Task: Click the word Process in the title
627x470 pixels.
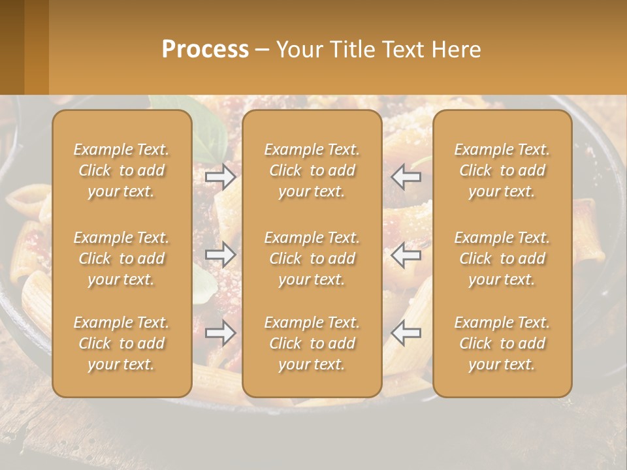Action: [x=205, y=50]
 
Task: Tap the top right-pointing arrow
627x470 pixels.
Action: [x=221, y=177]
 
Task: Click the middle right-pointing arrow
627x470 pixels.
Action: [x=221, y=255]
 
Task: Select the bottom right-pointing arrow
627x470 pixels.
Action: [x=221, y=333]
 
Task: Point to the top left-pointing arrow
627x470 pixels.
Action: [x=406, y=177]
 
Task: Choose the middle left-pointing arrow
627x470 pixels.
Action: [x=406, y=255]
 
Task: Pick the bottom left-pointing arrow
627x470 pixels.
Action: [x=406, y=333]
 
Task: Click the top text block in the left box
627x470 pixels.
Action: [x=121, y=170]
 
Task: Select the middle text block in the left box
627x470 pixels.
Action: [x=121, y=258]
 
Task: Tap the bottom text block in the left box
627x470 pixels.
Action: [x=121, y=343]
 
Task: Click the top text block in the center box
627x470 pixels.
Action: [x=312, y=170]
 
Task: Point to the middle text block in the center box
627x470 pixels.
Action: [x=312, y=258]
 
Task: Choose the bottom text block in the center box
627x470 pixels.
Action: [x=312, y=343]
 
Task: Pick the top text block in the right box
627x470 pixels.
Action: [x=502, y=170]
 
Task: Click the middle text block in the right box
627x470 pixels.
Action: [x=502, y=258]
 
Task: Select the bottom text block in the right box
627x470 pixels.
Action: [x=502, y=343]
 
